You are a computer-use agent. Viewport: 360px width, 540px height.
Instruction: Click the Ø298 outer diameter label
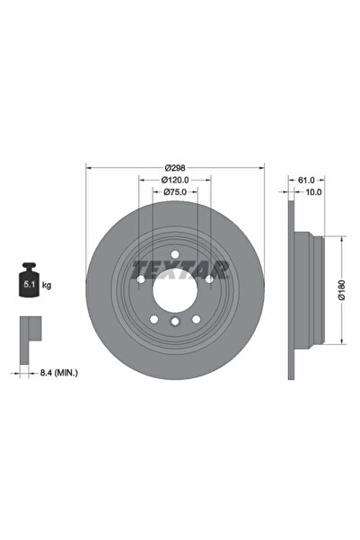pyautogui.click(x=175, y=167)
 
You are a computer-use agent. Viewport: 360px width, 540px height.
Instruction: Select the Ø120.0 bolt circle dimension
pyautogui.click(x=175, y=181)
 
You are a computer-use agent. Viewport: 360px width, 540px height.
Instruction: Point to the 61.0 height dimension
pyautogui.click(x=305, y=180)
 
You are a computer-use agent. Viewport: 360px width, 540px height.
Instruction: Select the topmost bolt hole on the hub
pyautogui.click(x=175, y=251)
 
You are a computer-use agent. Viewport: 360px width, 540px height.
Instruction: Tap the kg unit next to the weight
pyautogui.click(x=47, y=285)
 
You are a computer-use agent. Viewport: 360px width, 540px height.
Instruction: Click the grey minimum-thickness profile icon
pyautogui.click(x=29, y=330)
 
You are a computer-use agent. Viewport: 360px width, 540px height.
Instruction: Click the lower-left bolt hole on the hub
pyautogui.click(x=154, y=318)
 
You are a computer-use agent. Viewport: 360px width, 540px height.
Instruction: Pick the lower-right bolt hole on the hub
pyautogui.click(x=196, y=318)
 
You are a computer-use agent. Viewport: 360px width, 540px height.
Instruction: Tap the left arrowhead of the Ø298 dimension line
pyautogui.click(x=88, y=167)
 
